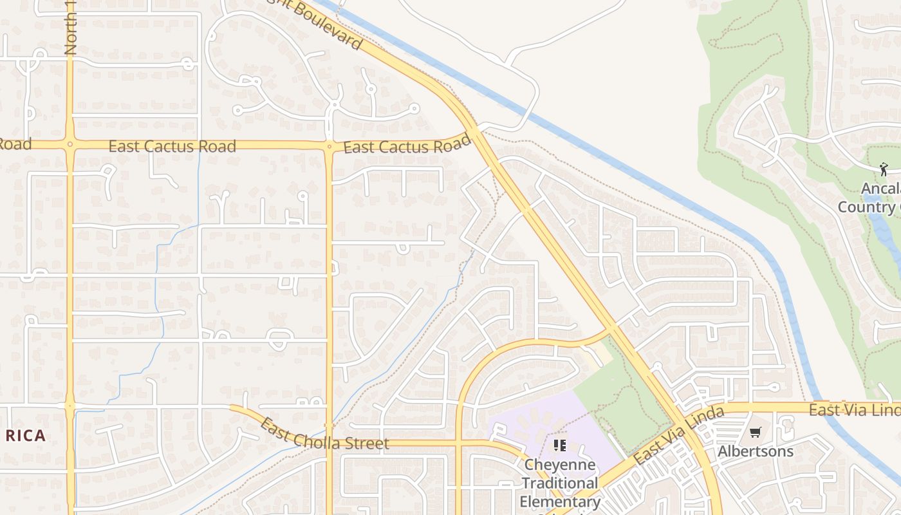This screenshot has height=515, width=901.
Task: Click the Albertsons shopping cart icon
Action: coord(755,432)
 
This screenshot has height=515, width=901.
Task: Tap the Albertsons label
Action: coord(755,451)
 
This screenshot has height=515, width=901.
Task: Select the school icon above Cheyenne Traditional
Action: coord(559,445)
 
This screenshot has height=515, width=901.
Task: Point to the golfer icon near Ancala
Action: coord(883,169)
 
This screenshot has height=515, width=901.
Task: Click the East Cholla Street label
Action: coord(325,436)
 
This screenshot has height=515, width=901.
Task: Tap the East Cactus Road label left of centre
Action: coord(172,146)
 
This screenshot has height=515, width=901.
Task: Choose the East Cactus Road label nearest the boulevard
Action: coord(407,146)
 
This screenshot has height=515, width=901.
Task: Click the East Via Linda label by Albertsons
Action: coord(678,436)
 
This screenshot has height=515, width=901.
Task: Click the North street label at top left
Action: coord(71,29)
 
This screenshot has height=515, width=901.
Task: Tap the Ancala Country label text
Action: coord(869,198)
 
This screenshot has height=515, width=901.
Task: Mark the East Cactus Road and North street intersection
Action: coord(70,144)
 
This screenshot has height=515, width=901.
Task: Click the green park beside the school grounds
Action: coord(618,399)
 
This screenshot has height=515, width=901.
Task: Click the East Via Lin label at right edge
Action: coord(855,410)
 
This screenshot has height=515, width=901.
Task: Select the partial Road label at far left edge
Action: coord(14,144)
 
